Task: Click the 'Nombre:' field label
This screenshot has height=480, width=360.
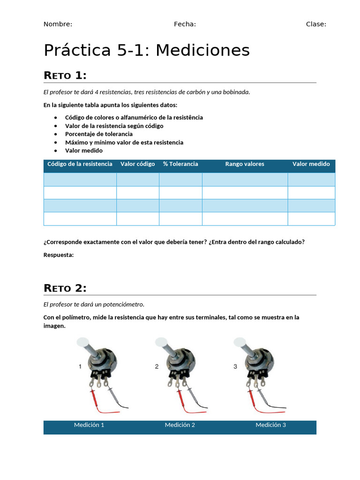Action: tap(58, 24)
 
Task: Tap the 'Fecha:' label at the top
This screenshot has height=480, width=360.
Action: tap(185, 24)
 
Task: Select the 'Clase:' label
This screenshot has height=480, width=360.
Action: tap(316, 24)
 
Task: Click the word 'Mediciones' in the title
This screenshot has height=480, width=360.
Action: tap(202, 50)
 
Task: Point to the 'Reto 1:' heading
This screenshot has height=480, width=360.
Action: tap(65, 75)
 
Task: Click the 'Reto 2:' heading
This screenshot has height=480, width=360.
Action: tap(65, 288)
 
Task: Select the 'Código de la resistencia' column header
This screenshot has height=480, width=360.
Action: tap(80, 164)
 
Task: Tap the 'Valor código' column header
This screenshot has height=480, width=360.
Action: tap(138, 164)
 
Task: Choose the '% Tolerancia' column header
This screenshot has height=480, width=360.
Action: tap(180, 164)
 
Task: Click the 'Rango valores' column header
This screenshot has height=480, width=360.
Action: tap(245, 164)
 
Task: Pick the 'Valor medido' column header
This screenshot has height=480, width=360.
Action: tap(311, 164)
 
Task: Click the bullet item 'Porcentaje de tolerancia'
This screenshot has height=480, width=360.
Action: tap(99, 134)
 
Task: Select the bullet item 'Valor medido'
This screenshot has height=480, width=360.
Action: tap(84, 150)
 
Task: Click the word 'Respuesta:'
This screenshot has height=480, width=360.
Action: tap(59, 255)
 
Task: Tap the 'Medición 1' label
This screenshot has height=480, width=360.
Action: tap(89, 425)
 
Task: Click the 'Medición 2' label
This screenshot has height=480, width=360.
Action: tap(180, 425)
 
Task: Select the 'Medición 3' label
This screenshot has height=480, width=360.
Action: tap(271, 425)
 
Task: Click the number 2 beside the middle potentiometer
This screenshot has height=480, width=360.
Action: tap(157, 367)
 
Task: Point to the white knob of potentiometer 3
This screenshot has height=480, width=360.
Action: tap(240, 343)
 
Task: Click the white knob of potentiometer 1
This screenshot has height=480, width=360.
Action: tap(83, 343)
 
